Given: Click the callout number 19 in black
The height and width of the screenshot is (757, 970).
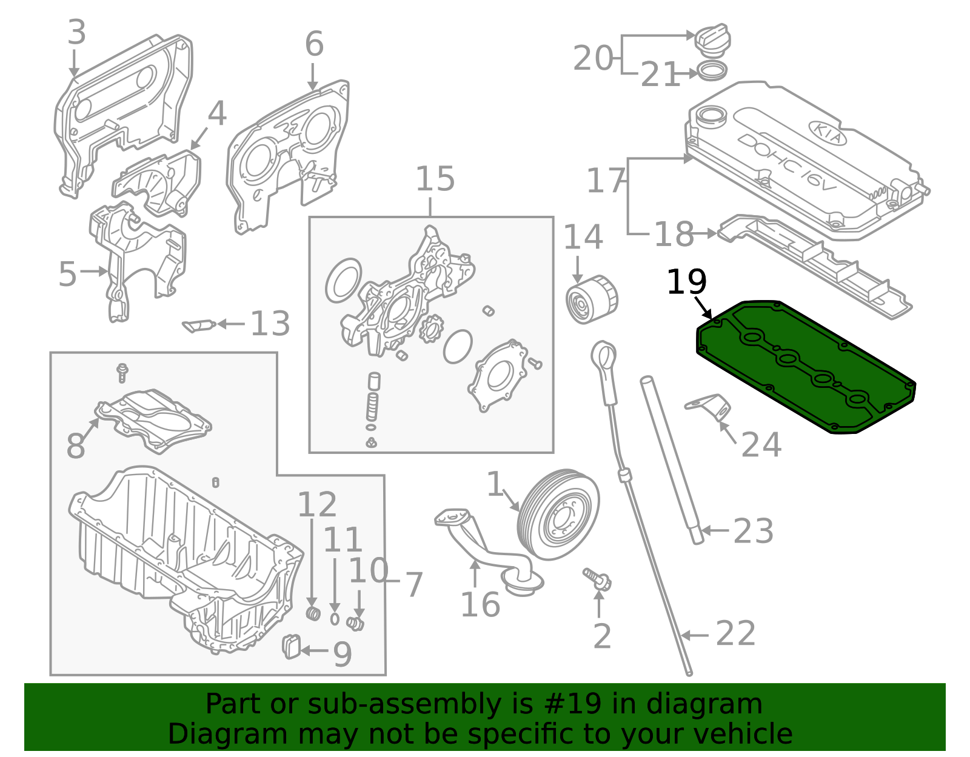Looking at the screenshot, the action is [x=686, y=282].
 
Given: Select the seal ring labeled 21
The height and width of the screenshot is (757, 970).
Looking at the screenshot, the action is [x=712, y=72].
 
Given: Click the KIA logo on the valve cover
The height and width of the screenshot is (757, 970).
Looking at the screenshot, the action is [x=827, y=133].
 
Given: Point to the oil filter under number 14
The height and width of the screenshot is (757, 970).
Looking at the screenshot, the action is [x=592, y=299].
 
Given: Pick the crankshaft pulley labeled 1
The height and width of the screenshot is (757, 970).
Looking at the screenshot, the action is [x=558, y=514].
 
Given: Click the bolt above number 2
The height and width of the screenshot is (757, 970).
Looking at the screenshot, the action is [x=597, y=579].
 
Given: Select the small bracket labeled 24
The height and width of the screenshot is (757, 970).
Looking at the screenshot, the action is [x=708, y=407].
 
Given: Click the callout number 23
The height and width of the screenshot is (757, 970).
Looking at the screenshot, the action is [x=753, y=531].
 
